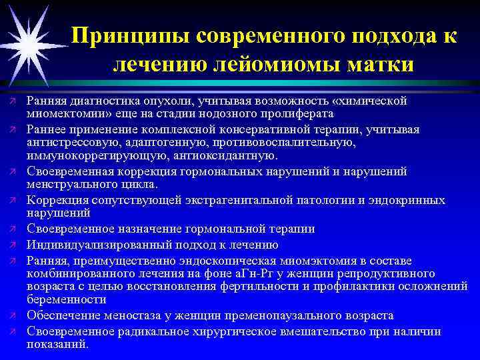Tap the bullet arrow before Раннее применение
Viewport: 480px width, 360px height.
(12, 129)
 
